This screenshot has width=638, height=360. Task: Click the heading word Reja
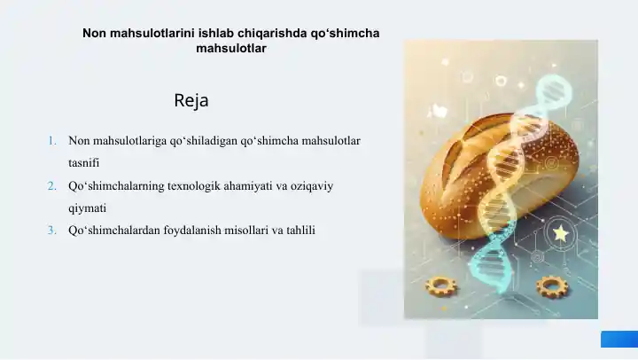click(x=191, y=100)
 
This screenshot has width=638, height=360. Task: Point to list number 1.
click(x=52, y=141)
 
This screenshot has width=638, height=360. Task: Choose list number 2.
click(x=52, y=186)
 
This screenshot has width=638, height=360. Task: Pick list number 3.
click(x=52, y=231)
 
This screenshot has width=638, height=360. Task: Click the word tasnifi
click(x=84, y=164)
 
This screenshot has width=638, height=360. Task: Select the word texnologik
click(x=200, y=186)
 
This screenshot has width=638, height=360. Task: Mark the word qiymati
click(x=87, y=208)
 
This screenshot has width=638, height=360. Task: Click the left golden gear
click(x=440, y=286)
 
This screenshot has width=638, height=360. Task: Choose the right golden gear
click(x=551, y=286)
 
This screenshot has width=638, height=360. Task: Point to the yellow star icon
click(x=560, y=233)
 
